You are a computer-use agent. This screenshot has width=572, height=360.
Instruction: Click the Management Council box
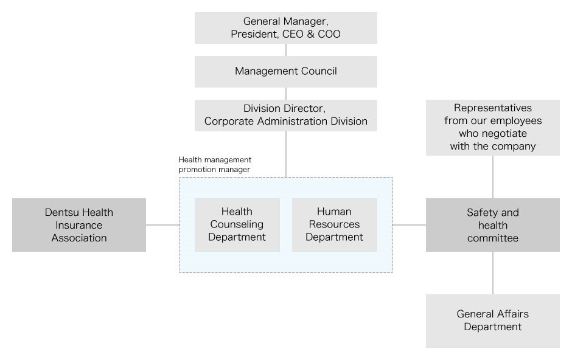[x=285, y=71]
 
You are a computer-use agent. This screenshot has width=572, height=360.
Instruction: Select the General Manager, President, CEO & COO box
[x=285, y=28]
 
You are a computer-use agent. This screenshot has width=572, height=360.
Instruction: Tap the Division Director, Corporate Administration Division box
[x=285, y=115]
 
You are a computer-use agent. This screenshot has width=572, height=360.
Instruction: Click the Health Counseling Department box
[x=237, y=224]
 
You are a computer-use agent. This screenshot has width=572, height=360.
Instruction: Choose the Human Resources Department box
[x=334, y=224]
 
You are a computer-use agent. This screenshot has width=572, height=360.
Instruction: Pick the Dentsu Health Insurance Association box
[x=79, y=225]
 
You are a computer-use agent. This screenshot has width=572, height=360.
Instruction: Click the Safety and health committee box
[x=492, y=225]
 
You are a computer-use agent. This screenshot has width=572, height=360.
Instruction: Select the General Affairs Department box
[x=492, y=320]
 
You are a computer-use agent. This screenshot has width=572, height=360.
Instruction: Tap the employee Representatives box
[x=492, y=127]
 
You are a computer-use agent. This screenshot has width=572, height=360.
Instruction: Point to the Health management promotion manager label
[x=214, y=165]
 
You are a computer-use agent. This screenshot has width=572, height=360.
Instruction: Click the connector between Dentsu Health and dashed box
[x=162, y=225]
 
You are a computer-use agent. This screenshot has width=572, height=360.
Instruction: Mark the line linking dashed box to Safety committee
[x=409, y=225]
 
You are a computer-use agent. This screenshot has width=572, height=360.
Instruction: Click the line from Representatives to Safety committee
[x=493, y=176]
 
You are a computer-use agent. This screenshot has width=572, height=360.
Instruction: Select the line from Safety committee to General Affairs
[x=493, y=273]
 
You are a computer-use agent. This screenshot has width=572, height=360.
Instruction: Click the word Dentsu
[x=61, y=212]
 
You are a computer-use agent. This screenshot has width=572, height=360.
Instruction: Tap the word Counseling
[x=237, y=224]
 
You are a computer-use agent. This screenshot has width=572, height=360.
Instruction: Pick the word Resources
[x=334, y=224]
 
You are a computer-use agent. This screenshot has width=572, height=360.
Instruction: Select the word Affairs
[x=511, y=314]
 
